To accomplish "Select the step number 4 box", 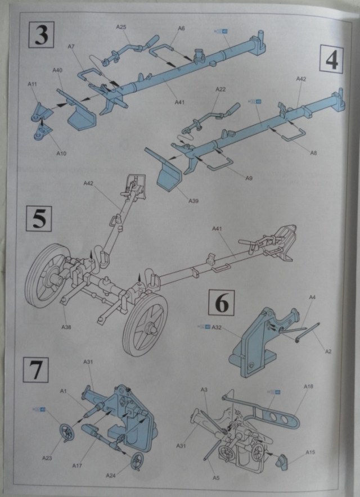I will coord(331,59).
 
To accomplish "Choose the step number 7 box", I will coord(36,371).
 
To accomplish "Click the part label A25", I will coord(121,27).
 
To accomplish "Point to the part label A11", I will coord(32,84).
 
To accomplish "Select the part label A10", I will coord(61,152).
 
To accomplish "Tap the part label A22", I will coord(220,90).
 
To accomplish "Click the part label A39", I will coord(196,201).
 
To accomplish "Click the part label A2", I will coord(328,351).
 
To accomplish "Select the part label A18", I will coord(308,387).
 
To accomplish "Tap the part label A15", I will coord(310,452).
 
